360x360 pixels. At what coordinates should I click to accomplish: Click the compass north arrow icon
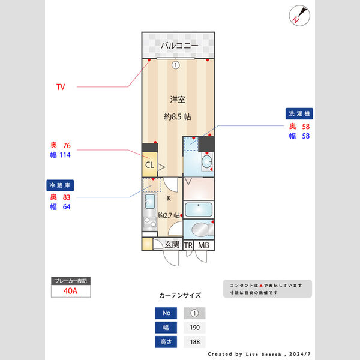point(298,15)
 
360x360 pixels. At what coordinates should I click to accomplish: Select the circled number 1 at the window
point(175,65)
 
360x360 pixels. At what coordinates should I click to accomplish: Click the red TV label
point(61,87)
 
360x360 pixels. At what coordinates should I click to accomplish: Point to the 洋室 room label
point(177,98)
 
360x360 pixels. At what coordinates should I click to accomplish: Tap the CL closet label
point(149,165)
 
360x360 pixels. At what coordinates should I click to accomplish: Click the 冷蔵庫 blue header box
point(61,185)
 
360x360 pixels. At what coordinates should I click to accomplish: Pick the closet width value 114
point(65,155)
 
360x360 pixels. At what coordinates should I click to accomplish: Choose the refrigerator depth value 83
point(67,197)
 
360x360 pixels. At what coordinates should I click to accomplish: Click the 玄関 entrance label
point(172,245)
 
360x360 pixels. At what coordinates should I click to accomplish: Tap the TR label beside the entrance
point(188,245)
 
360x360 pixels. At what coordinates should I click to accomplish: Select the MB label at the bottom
point(204,245)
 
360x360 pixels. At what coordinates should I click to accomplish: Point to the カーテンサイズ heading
point(180,295)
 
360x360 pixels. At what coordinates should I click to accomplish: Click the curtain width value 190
point(194,328)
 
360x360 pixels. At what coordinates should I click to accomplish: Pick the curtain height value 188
point(194,342)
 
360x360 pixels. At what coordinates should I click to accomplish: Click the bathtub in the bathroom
point(197,209)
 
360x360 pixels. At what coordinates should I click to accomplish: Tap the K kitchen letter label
point(169,198)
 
